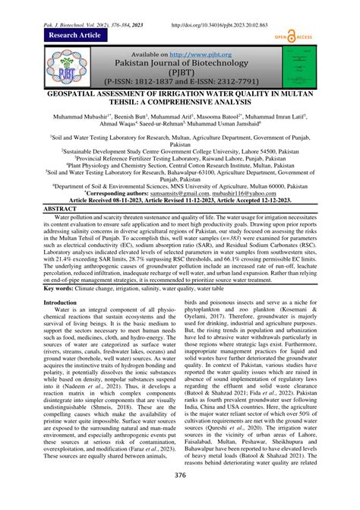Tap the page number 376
[181, 495]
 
